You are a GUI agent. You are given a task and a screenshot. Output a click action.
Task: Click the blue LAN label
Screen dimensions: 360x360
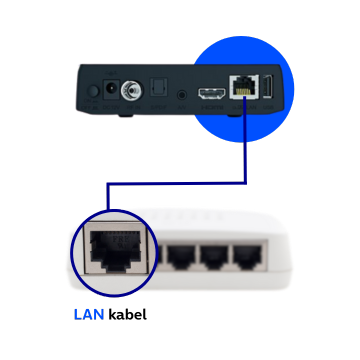pyautogui.click(x=89, y=314)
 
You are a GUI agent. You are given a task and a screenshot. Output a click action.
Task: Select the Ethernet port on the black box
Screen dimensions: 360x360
pyautogui.click(x=241, y=89)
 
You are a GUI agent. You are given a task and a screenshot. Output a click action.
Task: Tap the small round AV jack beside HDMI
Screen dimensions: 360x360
pyautogui.click(x=182, y=95)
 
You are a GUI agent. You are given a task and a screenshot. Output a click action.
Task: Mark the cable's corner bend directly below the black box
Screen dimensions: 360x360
pyautogui.click(x=245, y=183)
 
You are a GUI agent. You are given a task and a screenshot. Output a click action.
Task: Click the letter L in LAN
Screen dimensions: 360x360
pyautogui.click(x=79, y=314)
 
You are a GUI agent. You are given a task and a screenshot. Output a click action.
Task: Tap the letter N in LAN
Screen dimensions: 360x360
pyautogui.click(x=100, y=314)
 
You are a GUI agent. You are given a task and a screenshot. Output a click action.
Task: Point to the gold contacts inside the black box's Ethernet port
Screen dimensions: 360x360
pyautogui.click(x=241, y=84)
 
